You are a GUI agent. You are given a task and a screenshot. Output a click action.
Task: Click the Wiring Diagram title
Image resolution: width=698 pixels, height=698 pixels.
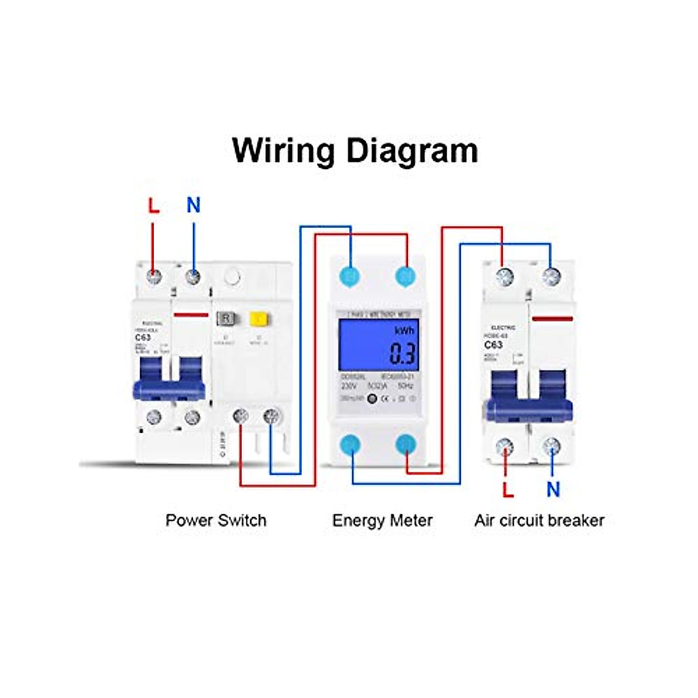[355, 150]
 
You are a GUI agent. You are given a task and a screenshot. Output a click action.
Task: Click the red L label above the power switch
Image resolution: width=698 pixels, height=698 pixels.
[153, 205]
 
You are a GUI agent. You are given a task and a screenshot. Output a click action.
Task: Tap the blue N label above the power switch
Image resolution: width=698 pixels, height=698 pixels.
[193, 205]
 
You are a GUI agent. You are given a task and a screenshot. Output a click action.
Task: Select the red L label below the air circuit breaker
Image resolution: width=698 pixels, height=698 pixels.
[508, 490]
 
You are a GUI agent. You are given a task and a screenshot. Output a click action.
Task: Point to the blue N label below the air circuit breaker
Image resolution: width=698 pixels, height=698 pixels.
[553, 490]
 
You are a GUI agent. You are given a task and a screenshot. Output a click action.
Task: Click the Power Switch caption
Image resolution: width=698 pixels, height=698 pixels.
[216, 520]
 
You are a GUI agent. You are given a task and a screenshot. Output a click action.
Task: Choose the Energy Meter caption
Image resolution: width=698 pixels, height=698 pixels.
[382, 520]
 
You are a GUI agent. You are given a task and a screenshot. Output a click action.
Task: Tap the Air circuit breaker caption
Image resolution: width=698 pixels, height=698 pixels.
[539, 520]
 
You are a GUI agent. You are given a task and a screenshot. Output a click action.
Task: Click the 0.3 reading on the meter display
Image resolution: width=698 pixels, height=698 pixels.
[403, 354]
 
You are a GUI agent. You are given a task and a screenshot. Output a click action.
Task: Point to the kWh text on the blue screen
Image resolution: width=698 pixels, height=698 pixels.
[404, 331]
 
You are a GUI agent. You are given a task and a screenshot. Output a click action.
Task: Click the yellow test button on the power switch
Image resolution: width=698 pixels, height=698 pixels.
[258, 318]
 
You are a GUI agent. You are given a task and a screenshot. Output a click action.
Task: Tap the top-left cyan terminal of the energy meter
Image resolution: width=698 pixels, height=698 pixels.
[350, 276]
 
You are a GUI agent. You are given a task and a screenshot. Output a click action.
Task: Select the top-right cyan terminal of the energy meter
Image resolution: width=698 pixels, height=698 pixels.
[406, 276]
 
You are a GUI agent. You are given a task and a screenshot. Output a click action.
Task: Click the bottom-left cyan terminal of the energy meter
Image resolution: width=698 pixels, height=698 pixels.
[350, 445]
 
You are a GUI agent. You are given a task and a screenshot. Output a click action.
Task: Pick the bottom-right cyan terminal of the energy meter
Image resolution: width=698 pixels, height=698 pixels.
[406, 445]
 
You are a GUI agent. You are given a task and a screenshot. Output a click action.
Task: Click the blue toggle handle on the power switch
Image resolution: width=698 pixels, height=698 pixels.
[169, 384]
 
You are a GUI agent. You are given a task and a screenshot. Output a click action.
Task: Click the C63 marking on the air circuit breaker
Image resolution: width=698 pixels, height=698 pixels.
[493, 345]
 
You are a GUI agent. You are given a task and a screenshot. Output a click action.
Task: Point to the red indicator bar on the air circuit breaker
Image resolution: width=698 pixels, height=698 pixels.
[552, 319]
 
